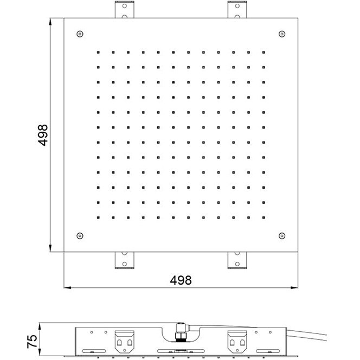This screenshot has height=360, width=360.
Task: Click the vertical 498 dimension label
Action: (x=43, y=135)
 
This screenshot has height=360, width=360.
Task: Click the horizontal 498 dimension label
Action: (x=181, y=280)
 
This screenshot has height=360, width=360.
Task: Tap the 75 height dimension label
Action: (x=32, y=342)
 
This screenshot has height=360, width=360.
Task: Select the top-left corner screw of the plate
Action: (x=80, y=34)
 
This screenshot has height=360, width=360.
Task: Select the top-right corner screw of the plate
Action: (x=282, y=34)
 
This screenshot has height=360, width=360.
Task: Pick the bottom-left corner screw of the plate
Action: (x=80, y=236)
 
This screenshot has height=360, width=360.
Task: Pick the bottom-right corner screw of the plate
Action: (x=282, y=236)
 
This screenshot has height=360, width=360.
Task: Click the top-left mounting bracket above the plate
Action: (x=125, y=9)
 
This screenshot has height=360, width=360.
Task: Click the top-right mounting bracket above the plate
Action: (x=237, y=9)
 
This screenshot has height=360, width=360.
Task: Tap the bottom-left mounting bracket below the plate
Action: (x=125, y=260)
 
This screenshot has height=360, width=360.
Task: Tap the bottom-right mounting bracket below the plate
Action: (x=237, y=260)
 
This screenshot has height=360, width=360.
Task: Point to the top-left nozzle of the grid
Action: (x=98, y=53)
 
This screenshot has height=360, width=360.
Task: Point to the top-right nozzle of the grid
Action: (x=263, y=53)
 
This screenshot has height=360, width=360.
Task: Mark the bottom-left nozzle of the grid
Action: (x=98, y=217)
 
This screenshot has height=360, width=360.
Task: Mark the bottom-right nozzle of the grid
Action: (x=263, y=217)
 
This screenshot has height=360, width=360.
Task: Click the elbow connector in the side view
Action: (x=182, y=329)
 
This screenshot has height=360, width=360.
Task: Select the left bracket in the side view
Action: (x=125, y=342)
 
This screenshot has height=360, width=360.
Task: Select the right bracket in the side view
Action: (x=237, y=342)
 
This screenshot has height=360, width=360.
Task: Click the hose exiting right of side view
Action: (x=306, y=335)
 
